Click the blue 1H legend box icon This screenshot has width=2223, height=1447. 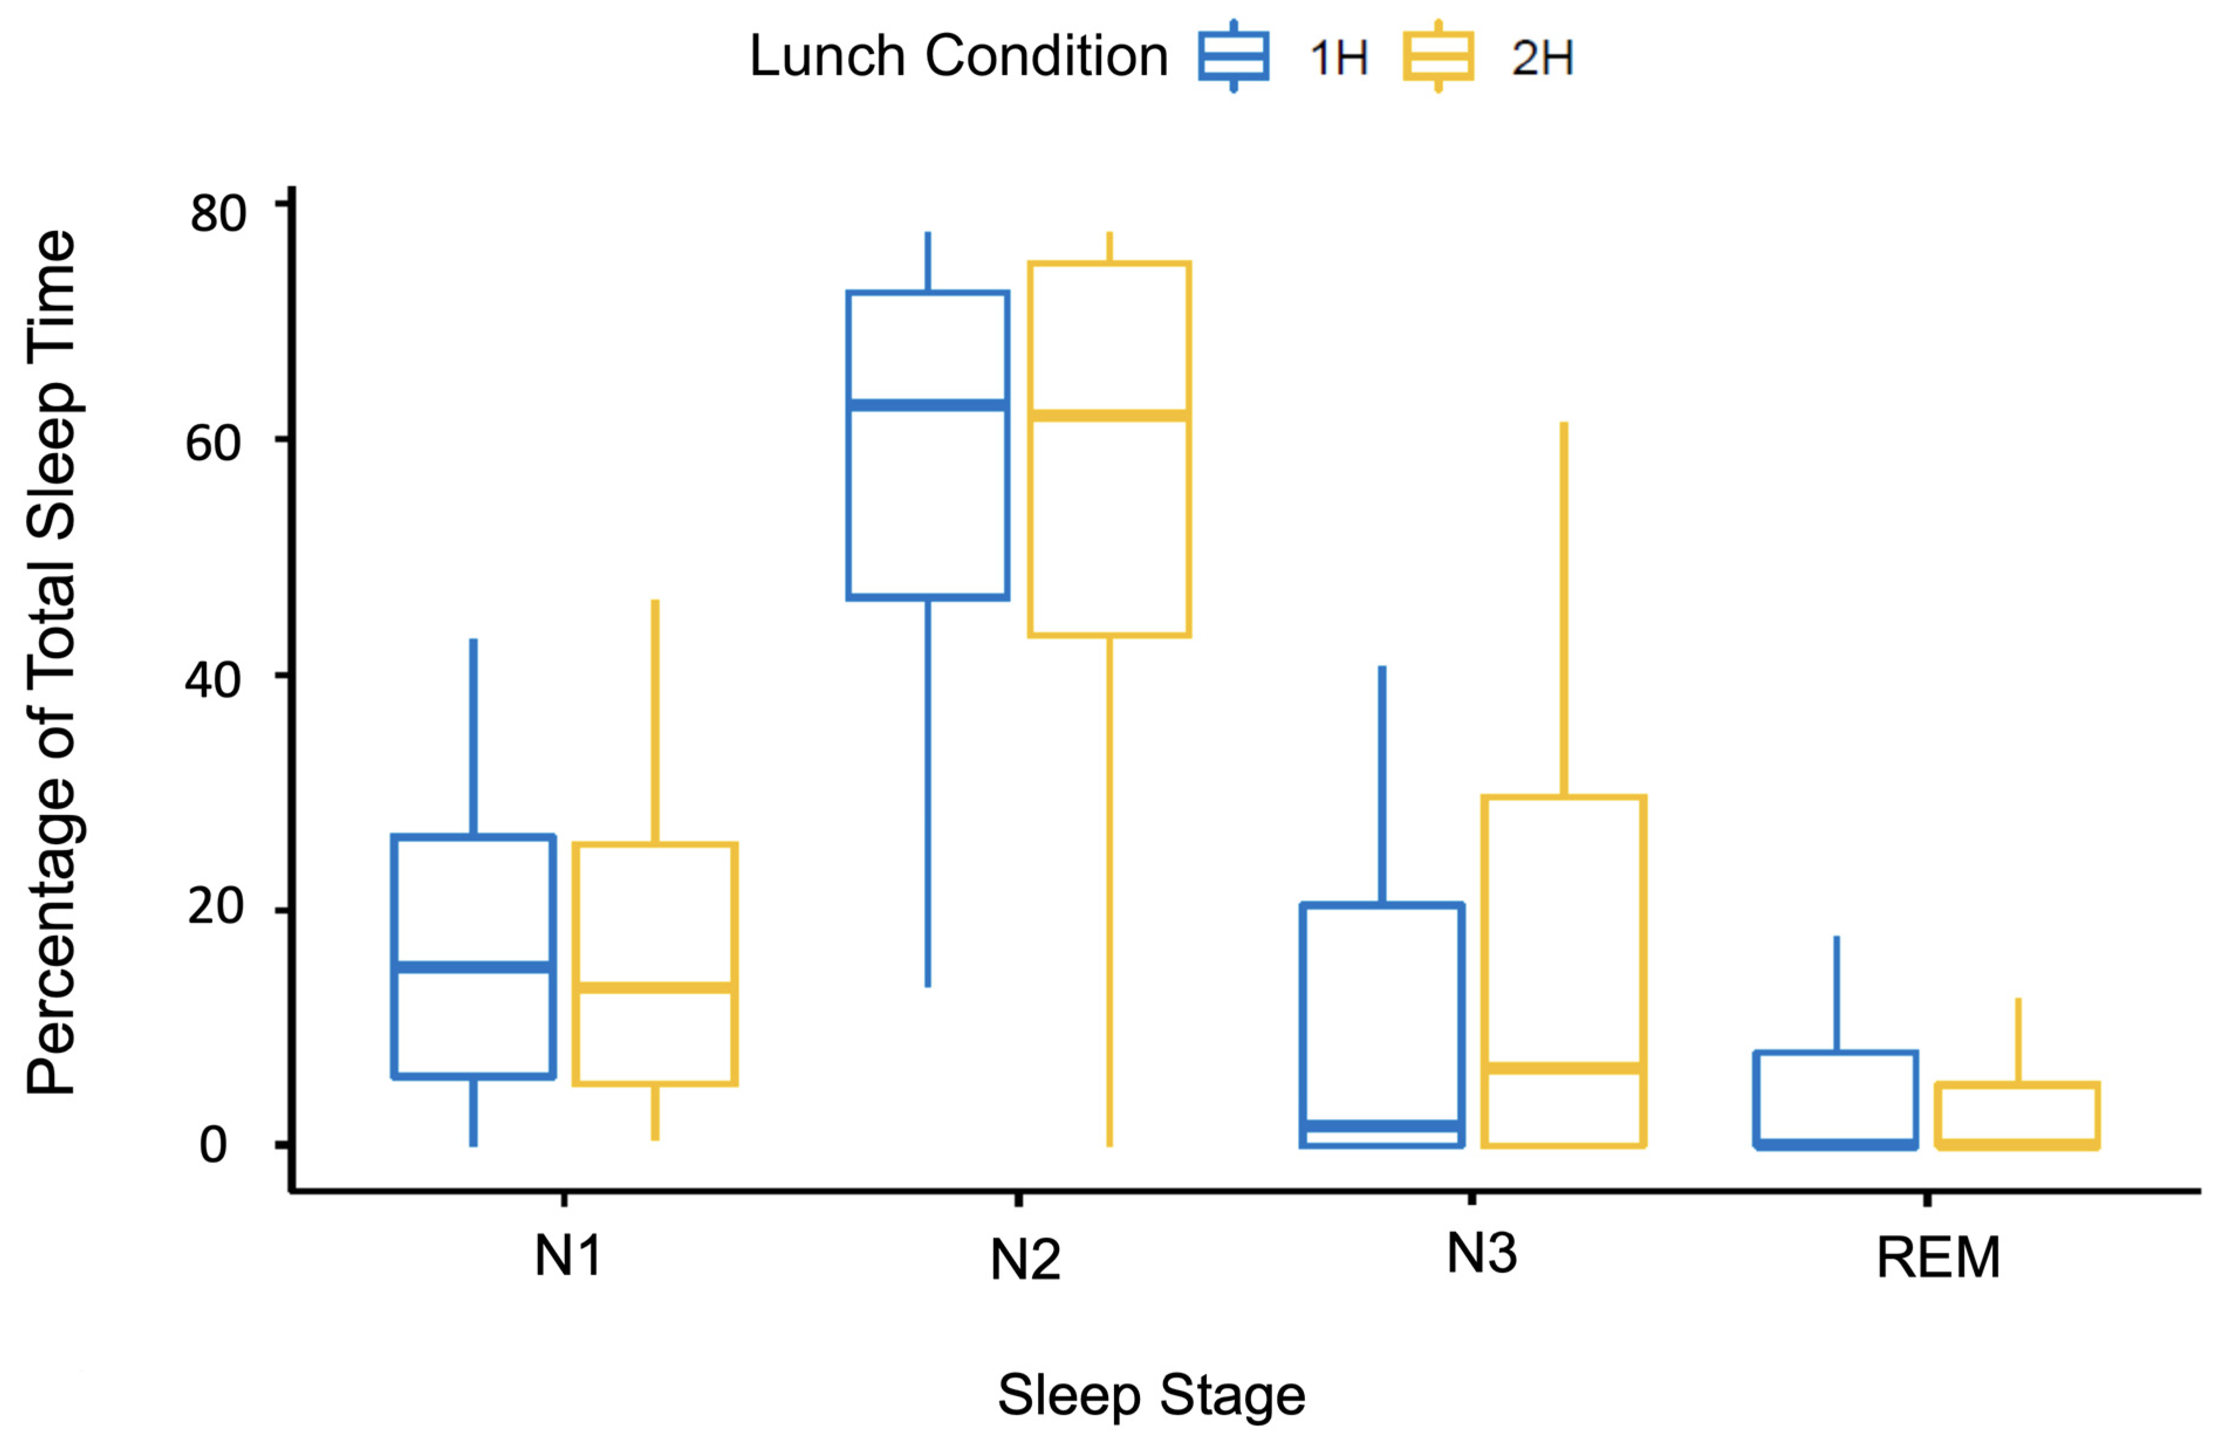[x=1233, y=56]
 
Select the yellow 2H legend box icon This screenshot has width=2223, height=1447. [x=1437, y=56]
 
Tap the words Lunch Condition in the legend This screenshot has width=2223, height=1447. [x=958, y=56]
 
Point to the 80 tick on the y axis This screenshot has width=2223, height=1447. [x=218, y=213]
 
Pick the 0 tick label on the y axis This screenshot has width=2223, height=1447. [x=213, y=1144]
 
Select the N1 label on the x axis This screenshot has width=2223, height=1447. [x=567, y=1256]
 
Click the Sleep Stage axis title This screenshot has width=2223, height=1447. [x=1151, y=1395]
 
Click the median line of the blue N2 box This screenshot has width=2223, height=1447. [x=927, y=404]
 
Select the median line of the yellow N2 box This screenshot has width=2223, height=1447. [x=1109, y=415]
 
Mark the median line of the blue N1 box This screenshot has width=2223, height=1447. [x=474, y=967]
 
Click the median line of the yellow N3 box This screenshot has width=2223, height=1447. [x=1564, y=1068]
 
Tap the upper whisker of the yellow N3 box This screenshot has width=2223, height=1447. [x=1564, y=607]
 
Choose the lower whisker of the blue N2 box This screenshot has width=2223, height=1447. [x=927, y=794]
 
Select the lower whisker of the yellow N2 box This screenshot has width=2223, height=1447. [x=1109, y=887]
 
